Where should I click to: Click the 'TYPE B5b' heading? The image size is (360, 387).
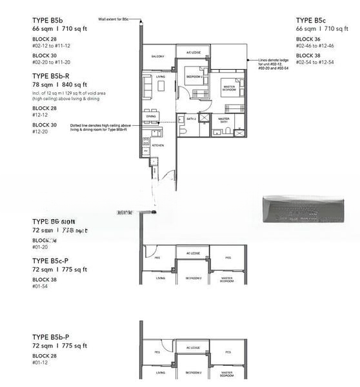pyautogui.click(x=49, y=21)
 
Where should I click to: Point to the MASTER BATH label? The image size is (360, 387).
pyautogui.click(x=223, y=120)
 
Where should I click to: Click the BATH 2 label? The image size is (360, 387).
pyautogui.click(x=191, y=120)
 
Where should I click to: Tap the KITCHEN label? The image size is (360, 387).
pyautogui.click(x=158, y=146)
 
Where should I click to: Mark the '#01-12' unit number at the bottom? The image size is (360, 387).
pyautogui.click(x=40, y=363)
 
